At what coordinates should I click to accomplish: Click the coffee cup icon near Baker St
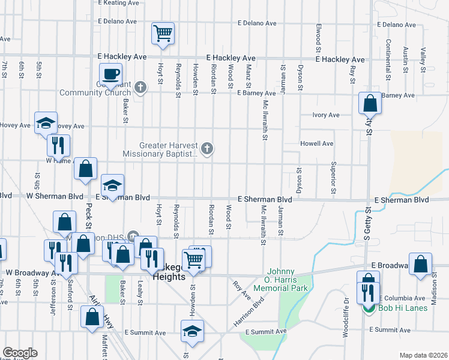[x=110, y=74]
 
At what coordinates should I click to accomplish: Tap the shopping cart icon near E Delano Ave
[x=163, y=34]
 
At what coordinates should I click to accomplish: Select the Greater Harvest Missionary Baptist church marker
[x=207, y=149]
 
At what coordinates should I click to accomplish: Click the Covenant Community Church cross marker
[x=140, y=88]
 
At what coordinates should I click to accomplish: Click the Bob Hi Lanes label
[x=403, y=308]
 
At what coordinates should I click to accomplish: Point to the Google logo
[x=20, y=353]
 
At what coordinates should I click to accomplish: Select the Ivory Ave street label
[x=326, y=115]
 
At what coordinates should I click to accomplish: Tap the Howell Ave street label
[x=317, y=144]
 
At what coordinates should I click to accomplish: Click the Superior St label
[x=333, y=174]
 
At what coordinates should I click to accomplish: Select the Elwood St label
[x=317, y=37]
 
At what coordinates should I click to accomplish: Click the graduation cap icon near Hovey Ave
[x=46, y=123]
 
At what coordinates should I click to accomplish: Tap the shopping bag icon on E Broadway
[x=421, y=265]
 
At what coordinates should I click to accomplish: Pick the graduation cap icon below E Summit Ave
[x=192, y=331]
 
